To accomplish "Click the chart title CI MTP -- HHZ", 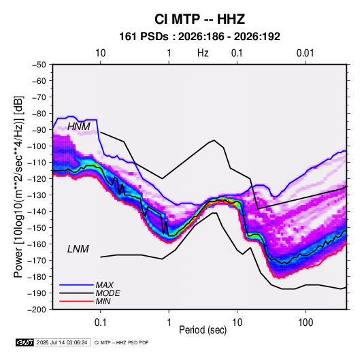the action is pos(199,19).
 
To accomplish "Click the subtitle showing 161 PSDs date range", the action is pos(199,37).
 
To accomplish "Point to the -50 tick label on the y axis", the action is pos(39,65).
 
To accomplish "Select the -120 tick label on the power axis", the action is pos(37,179).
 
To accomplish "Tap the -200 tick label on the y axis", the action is pos(37,310).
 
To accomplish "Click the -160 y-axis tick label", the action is pos(37,244).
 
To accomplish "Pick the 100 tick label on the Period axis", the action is pos(305,323).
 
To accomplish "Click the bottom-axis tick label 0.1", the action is pos(100,323).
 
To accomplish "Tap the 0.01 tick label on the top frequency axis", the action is pos(305,53).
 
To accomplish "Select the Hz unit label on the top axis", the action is pos(203,53).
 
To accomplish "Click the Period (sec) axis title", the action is pos(203,330).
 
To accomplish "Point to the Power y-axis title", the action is pos(18,187).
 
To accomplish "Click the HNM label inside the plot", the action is pos(79,127).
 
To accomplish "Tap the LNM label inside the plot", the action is pos(78,249).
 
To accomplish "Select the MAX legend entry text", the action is pos(105,285).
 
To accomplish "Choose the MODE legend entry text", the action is pos(107,293).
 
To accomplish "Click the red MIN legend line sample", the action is pos(76,301).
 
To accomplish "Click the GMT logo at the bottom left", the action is pos(24,342).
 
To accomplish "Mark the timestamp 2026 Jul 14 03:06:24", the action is pos(62,342).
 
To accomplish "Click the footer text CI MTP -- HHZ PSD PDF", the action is pos(121,342).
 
